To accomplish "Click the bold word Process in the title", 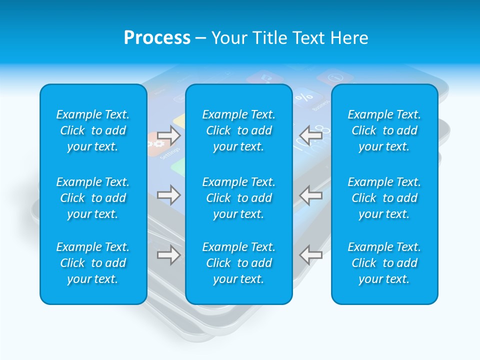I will click(157, 38).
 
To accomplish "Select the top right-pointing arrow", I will click(169, 135).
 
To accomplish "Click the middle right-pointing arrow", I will click(169, 194).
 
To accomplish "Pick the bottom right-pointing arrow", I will click(169, 255).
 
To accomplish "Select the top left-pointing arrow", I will click(311, 135).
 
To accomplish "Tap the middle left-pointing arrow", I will click(311, 195).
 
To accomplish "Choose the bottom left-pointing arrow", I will click(311, 255).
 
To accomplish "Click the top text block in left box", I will click(93, 130).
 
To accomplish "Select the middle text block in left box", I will click(93, 198).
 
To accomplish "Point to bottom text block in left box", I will click(93, 263).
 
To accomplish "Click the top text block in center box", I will click(239, 130).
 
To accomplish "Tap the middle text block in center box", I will click(239, 198).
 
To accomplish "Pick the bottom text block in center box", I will click(239, 263).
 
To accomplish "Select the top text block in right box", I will click(384, 130).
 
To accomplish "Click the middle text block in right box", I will click(384, 198).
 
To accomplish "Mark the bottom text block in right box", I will click(384, 263).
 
